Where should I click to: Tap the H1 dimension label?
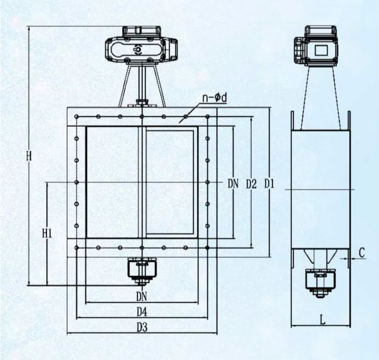(x=47, y=234)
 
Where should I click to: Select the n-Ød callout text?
(x=215, y=98)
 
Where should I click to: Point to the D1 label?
(x=269, y=184)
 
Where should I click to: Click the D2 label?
(x=251, y=184)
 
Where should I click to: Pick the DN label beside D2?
(x=233, y=184)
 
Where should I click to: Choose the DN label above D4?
(x=142, y=296)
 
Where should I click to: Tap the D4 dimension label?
(x=142, y=312)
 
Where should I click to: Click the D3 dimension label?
(x=142, y=328)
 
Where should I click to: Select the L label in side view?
(x=322, y=320)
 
